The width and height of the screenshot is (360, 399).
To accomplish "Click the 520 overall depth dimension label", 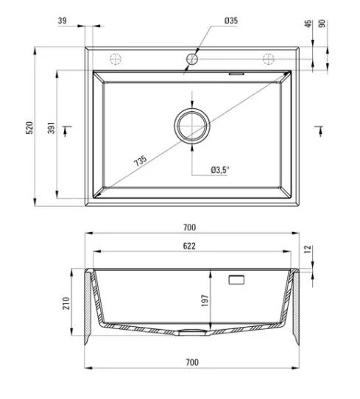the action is [x=29, y=128].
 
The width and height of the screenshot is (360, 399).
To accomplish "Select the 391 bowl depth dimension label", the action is [x=52, y=128].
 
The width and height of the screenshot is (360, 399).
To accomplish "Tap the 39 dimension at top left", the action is [x=63, y=21].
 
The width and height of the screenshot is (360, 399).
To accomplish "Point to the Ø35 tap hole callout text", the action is [x=231, y=21].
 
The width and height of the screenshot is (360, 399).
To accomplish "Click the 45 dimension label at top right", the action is [x=308, y=24].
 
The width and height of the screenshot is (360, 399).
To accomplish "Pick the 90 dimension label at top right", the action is [x=322, y=24].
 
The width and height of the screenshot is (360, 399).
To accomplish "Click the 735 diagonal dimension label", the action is [x=141, y=160].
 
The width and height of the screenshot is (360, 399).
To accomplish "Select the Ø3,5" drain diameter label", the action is [x=220, y=170].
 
